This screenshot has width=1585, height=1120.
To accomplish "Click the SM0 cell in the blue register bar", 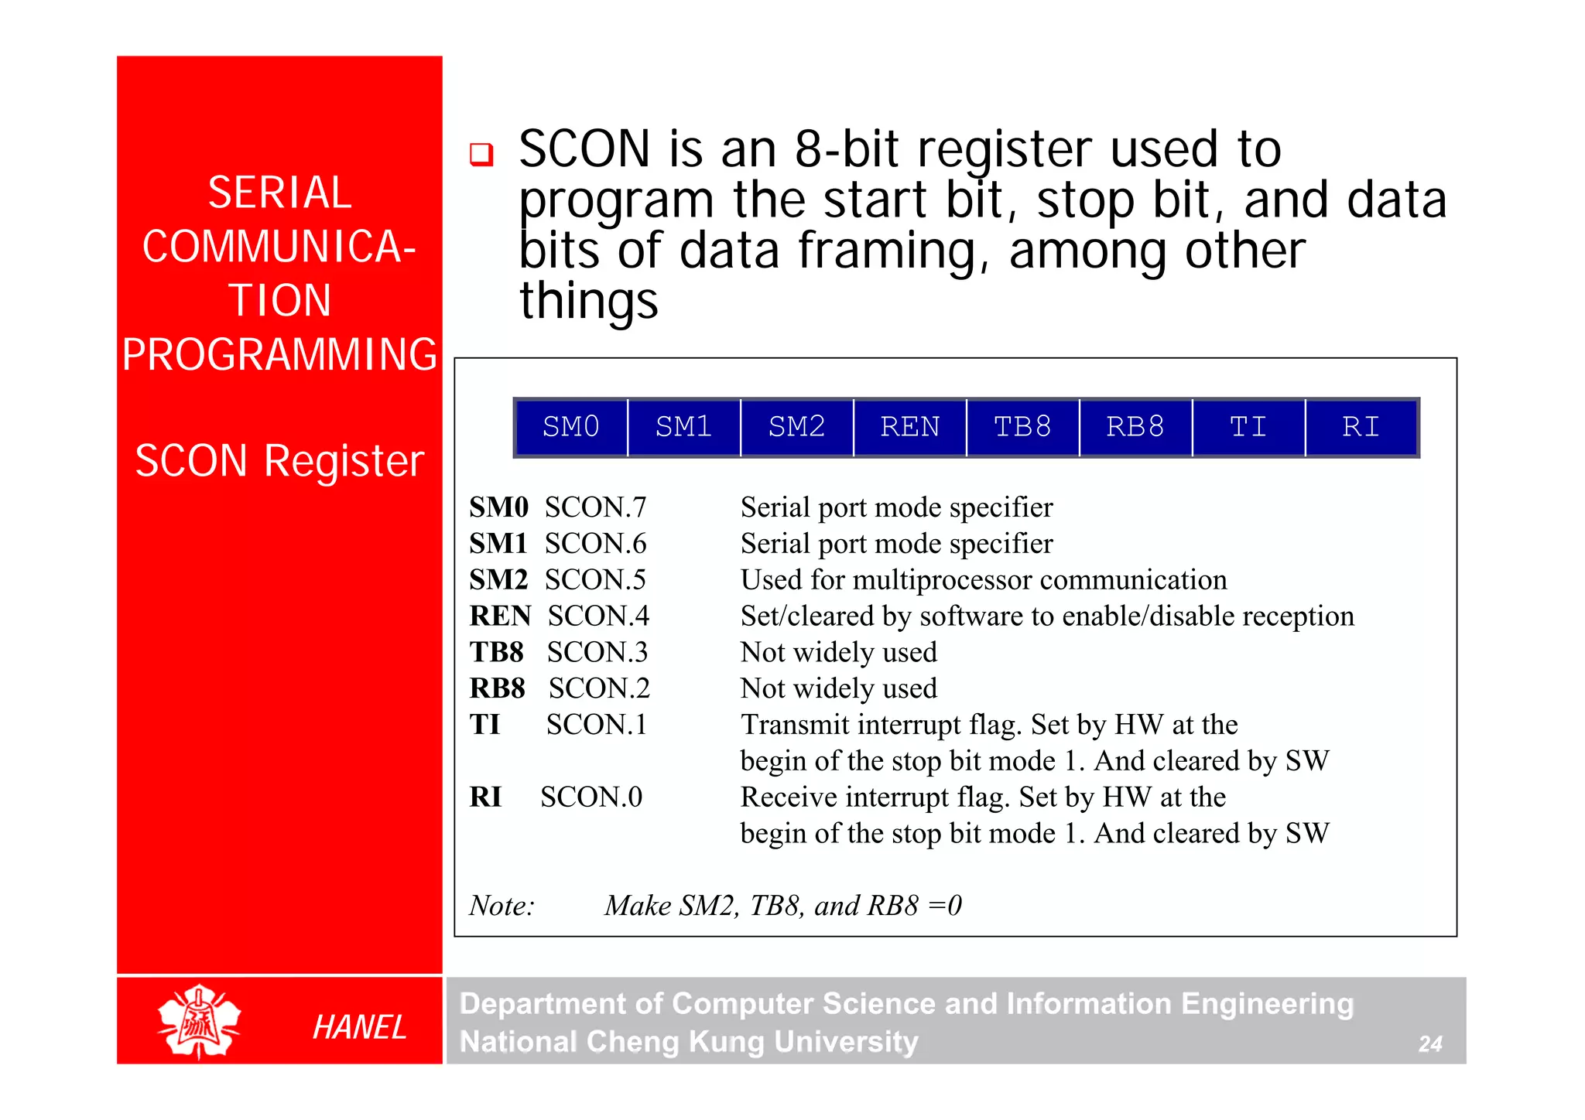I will (x=570, y=427).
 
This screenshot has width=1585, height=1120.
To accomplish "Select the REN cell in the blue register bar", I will (x=909, y=427).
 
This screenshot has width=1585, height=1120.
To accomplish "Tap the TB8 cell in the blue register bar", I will (x=1022, y=427).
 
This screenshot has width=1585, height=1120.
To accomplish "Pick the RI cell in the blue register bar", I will (x=1361, y=427).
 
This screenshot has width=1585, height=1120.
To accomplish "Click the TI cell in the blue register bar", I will (x=1248, y=427).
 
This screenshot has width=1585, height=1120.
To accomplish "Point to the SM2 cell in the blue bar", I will (x=796, y=427).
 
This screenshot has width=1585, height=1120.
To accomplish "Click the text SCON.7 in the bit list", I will (x=595, y=507).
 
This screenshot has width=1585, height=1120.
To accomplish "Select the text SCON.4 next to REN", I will (x=598, y=616).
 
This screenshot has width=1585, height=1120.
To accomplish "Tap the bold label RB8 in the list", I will (x=497, y=688).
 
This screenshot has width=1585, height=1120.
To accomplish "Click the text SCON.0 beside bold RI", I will (x=591, y=797).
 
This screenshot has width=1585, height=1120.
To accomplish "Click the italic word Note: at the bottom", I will (x=502, y=906).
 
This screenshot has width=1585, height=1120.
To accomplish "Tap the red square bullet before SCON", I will (x=481, y=154).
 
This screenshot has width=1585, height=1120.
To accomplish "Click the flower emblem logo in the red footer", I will (x=199, y=1021).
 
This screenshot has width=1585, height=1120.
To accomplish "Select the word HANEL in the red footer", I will (x=359, y=1027).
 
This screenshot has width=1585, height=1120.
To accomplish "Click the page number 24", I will (x=1429, y=1044).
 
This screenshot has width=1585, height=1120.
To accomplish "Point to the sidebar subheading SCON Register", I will (x=279, y=461).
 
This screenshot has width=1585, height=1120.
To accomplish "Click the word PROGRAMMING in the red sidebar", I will (x=279, y=354).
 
